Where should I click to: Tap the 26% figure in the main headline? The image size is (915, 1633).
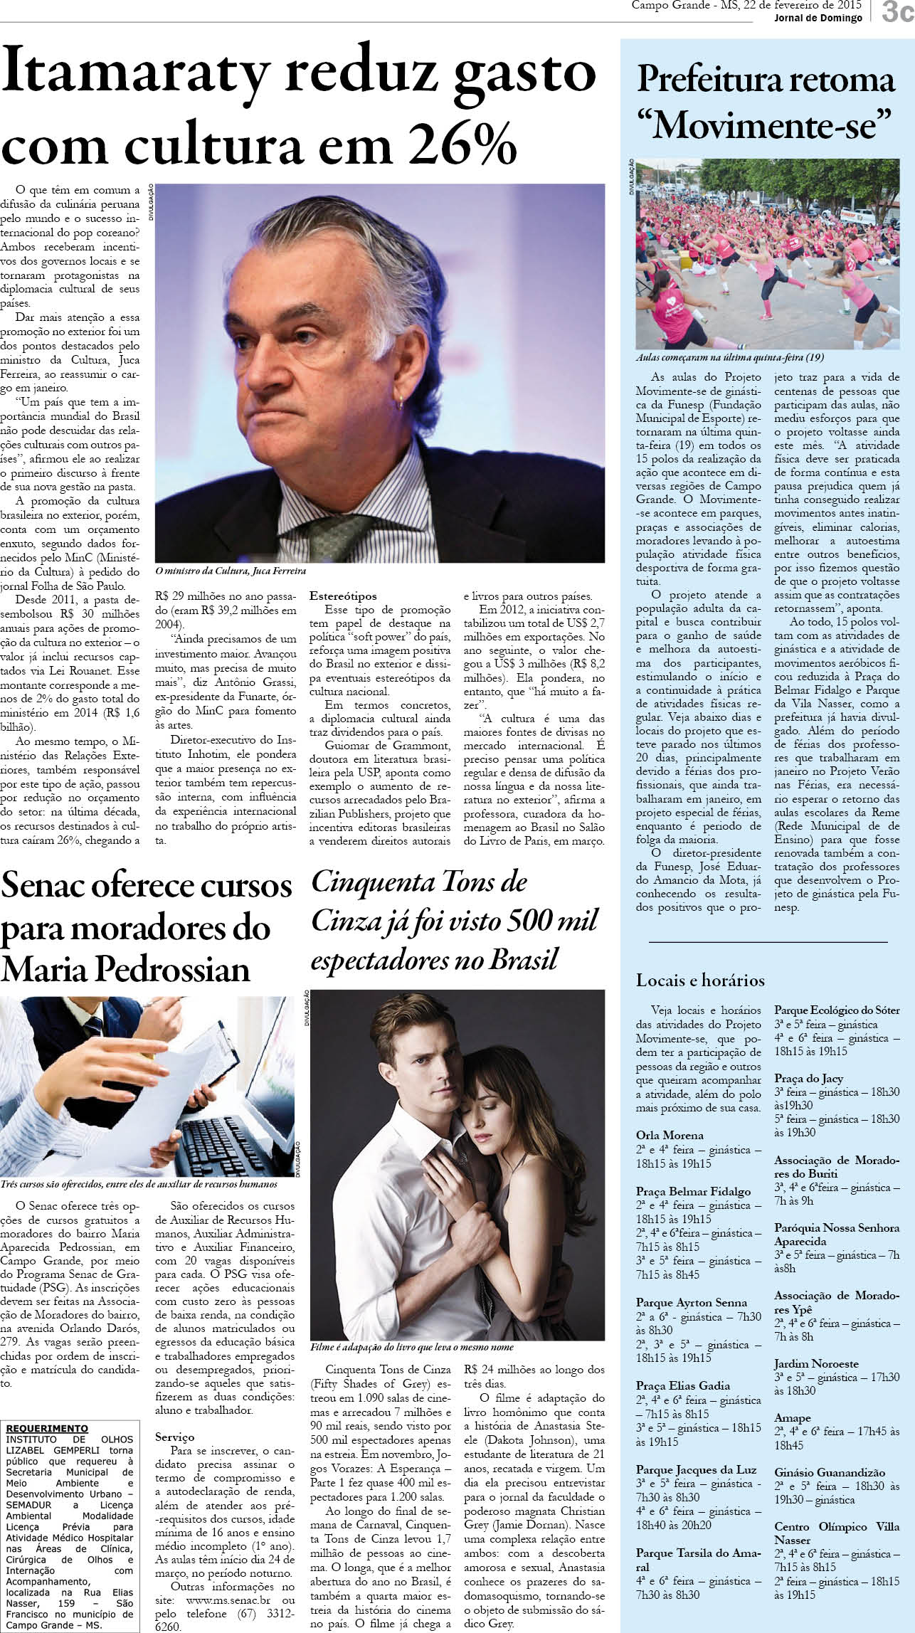(x=455, y=142)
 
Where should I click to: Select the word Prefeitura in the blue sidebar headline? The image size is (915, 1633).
(x=719, y=80)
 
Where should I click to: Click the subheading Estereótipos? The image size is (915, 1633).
(x=343, y=596)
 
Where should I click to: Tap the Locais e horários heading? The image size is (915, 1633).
(x=700, y=980)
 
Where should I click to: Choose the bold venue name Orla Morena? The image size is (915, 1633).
(x=670, y=1135)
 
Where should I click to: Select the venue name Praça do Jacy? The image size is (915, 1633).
(x=808, y=1078)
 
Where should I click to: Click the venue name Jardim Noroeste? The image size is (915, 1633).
(x=816, y=1363)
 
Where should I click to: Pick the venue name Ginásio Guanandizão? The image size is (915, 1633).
(x=830, y=1473)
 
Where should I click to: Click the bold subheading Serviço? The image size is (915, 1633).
(x=175, y=1437)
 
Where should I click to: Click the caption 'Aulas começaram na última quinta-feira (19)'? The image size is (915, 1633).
(x=729, y=358)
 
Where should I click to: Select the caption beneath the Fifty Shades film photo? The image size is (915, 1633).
(x=411, y=1347)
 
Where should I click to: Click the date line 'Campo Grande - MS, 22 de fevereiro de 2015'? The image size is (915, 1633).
(x=746, y=6)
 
